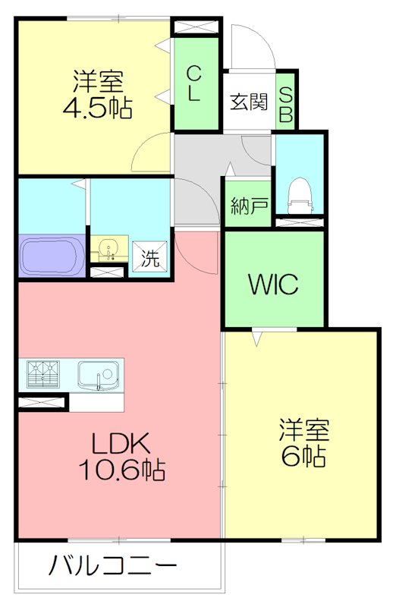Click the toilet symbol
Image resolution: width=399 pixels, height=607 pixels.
(x=300, y=195)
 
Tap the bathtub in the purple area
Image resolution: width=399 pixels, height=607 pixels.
(x=52, y=256)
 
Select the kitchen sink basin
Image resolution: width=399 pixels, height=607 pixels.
(x=99, y=375)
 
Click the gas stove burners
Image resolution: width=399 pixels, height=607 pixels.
(x=43, y=374)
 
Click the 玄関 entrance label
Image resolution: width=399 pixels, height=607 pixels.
(x=248, y=102)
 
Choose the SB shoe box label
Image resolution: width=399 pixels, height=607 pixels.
(x=286, y=104)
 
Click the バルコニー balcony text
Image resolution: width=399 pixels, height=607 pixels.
(x=112, y=565)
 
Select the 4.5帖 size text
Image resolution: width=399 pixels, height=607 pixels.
(x=98, y=107)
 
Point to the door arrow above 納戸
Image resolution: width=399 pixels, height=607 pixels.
(x=231, y=169)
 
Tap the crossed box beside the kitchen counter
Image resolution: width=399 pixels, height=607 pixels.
(x=41, y=402)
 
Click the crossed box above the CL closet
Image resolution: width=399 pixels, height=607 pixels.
(x=196, y=27)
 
